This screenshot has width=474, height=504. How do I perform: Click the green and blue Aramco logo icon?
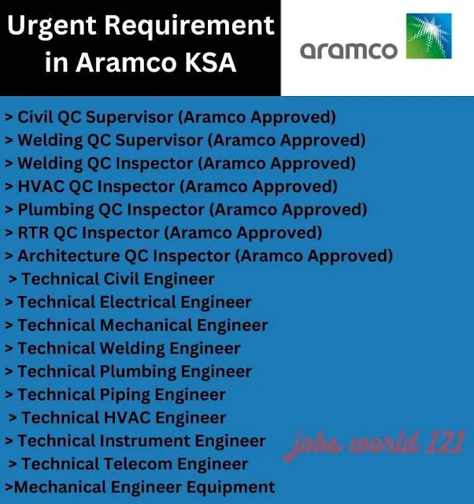tap(428, 37)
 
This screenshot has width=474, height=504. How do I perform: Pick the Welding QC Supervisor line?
tap(185, 141)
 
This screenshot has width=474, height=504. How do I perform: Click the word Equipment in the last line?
tap(228, 487)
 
